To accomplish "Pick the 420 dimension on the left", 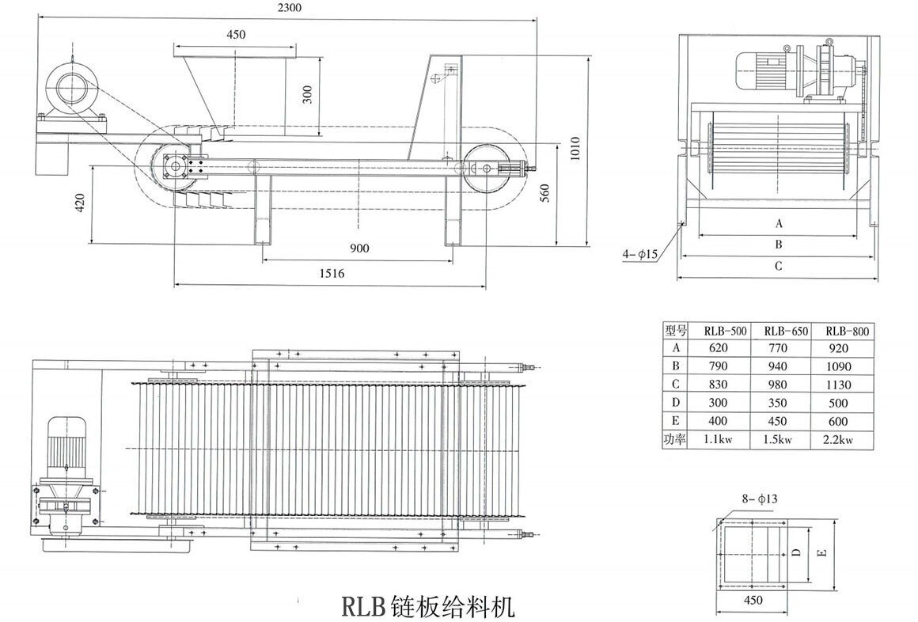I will [79, 204].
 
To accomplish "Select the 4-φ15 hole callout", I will [640, 254].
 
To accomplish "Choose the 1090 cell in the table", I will [836, 366].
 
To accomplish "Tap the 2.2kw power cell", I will [836, 440].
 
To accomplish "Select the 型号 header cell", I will [676, 331].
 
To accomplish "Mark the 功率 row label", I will [676, 440].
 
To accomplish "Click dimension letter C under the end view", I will [778, 266].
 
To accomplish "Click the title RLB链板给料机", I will [427, 607].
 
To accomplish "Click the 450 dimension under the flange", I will [754, 600].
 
